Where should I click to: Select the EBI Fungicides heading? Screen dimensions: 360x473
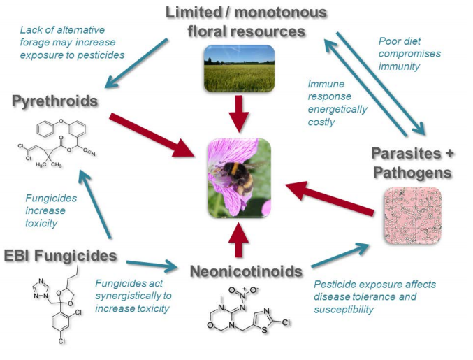tap(59, 256)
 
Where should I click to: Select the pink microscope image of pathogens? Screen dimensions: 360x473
tap(412, 215)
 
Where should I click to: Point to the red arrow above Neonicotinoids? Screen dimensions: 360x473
tap(238, 239)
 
